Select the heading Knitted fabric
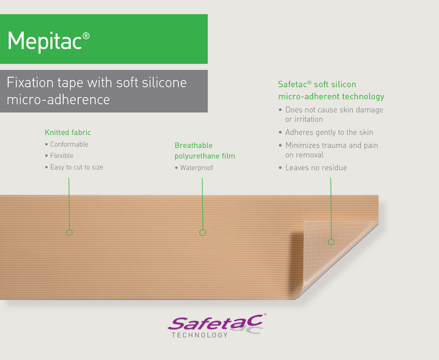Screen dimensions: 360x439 click(x=67, y=133)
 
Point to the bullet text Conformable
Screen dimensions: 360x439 click(x=69, y=145)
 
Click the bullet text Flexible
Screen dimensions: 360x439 click(x=62, y=156)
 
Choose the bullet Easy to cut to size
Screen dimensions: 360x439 click(x=77, y=167)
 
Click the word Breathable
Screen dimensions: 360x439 click(x=193, y=146)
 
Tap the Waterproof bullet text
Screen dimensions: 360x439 click(x=196, y=168)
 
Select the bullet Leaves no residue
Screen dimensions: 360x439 click(x=316, y=168)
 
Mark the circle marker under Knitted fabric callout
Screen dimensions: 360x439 click(x=69, y=232)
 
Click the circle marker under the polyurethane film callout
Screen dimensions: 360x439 click(x=203, y=232)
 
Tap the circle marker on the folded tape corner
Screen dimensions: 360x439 click(x=331, y=242)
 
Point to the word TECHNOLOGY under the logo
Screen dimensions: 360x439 click(x=199, y=335)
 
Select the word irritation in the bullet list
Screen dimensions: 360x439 click(x=304, y=119)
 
